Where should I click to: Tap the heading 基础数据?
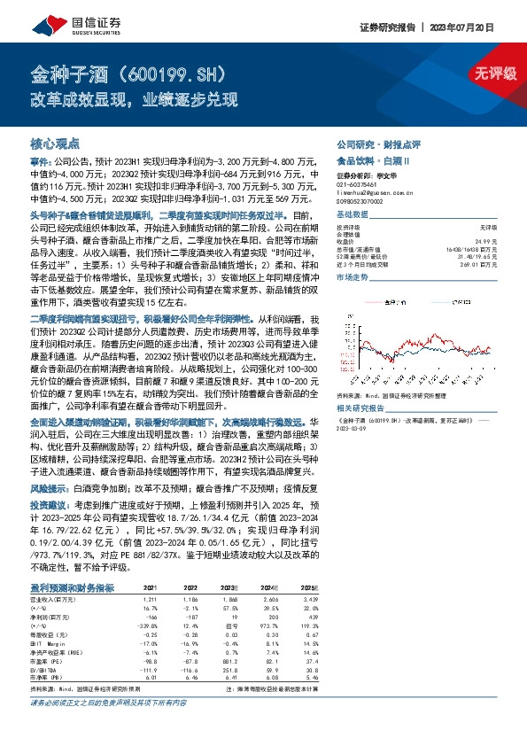click(x=352, y=215)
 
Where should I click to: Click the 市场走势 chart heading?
click(x=352, y=277)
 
